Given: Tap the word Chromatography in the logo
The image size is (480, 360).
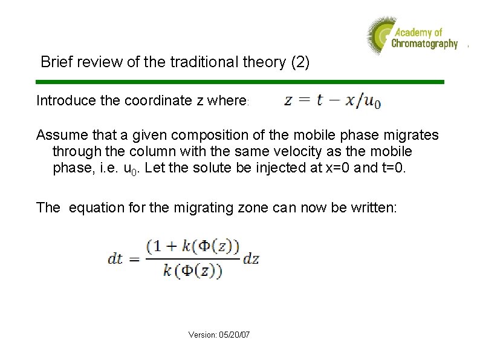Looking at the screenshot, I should point(424,44).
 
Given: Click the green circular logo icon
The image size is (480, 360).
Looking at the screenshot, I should point(379,35).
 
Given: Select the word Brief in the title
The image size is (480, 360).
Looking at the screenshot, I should point(54,62).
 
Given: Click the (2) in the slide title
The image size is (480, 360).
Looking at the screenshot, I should point(300,62).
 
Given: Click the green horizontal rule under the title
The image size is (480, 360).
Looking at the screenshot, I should point(240,82).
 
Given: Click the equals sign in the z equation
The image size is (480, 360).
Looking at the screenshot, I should point(305,100).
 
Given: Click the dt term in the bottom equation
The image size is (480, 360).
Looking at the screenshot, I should point(115,258).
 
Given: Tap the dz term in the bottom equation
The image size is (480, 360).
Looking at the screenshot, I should point(251,258).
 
